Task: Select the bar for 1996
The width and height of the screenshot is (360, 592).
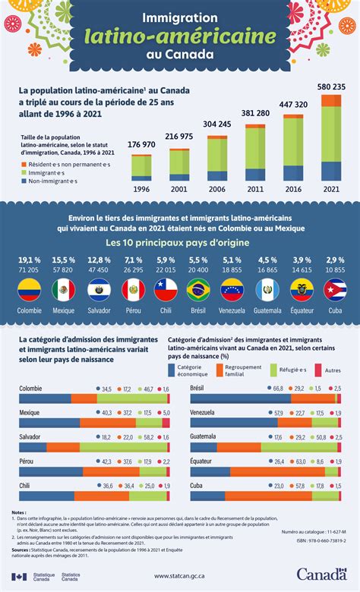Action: (x=141, y=166)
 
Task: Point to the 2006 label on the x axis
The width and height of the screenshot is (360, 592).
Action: (x=217, y=189)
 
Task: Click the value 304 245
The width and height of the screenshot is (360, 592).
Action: (x=217, y=124)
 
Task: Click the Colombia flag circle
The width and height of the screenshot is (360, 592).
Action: (x=29, y=289)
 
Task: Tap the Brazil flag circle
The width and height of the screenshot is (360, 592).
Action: (x=198, y=289)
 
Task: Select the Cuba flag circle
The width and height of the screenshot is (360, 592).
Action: (x=335, y=289)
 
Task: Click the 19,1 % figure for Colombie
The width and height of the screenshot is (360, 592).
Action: (x=29, y=260)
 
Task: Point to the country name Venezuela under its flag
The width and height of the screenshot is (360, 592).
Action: (x=232, y=310)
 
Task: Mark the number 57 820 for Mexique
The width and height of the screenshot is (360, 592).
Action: (x=63, y=269)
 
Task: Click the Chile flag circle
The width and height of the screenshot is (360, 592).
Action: (x=165, y=289)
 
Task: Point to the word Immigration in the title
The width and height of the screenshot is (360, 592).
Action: (x=180, y=15)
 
